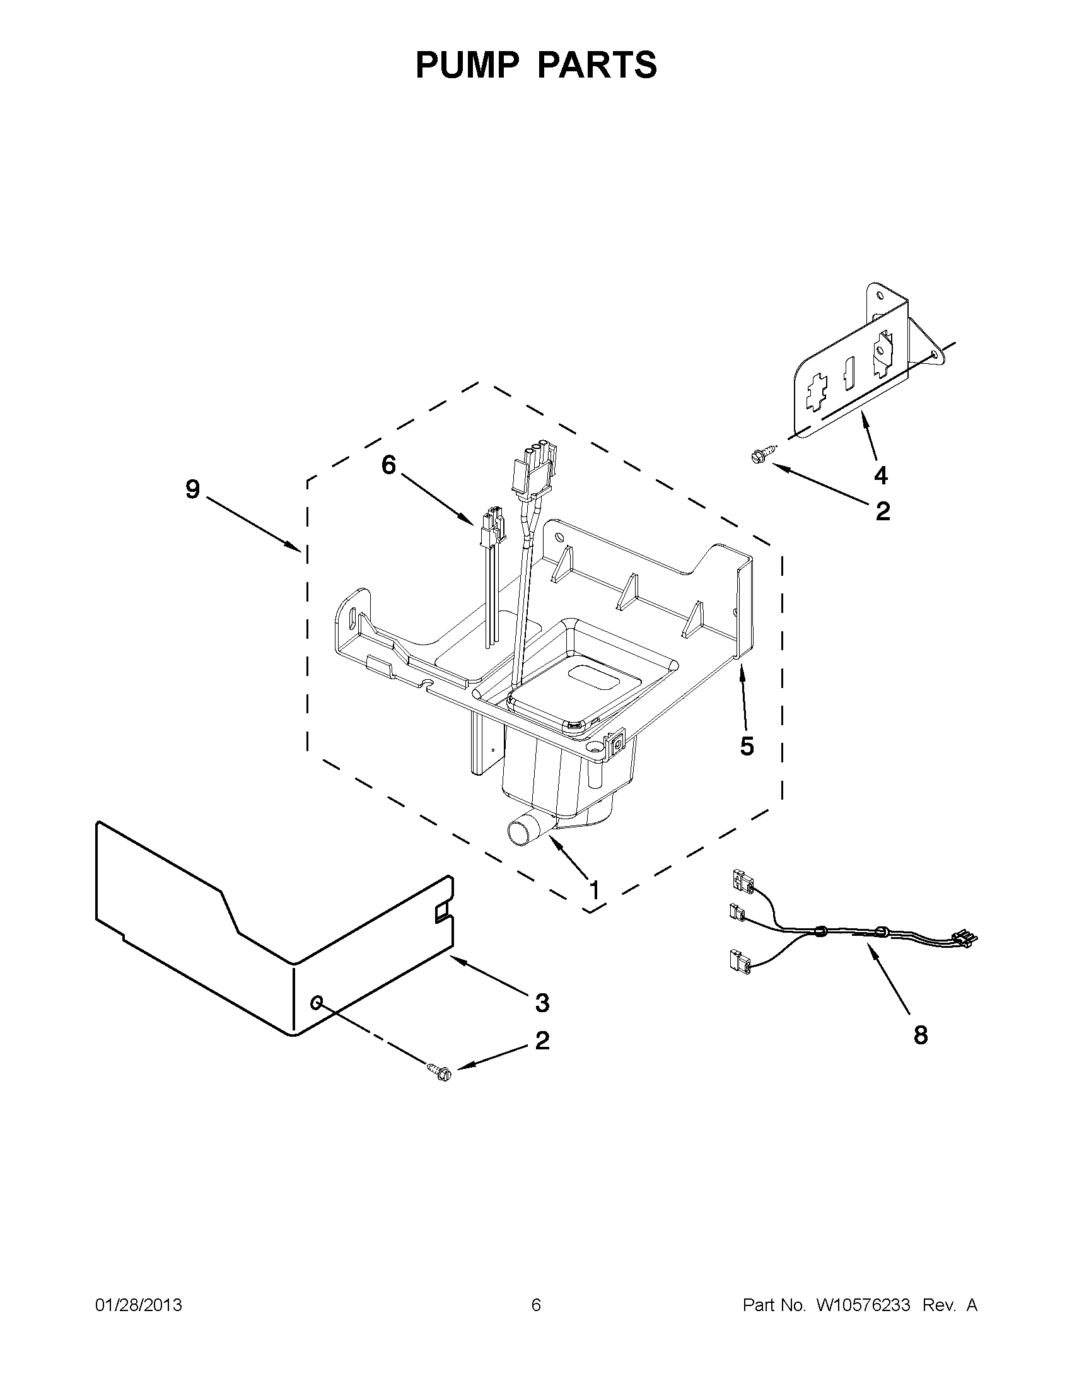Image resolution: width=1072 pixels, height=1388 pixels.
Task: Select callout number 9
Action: point(192,489)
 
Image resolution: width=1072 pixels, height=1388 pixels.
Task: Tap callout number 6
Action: point(388,465)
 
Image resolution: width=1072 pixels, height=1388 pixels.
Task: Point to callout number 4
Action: point(881,475)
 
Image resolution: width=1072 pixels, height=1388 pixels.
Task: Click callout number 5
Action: point(747,746)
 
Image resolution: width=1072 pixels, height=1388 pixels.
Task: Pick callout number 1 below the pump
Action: point(594,890)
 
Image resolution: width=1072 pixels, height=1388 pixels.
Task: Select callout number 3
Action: point(542,1003)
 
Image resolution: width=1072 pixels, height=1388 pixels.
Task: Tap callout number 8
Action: point(920,1035)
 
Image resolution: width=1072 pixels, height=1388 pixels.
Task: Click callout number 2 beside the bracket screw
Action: point(883,511)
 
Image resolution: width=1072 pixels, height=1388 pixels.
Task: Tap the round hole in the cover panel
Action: point(317,1003)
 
